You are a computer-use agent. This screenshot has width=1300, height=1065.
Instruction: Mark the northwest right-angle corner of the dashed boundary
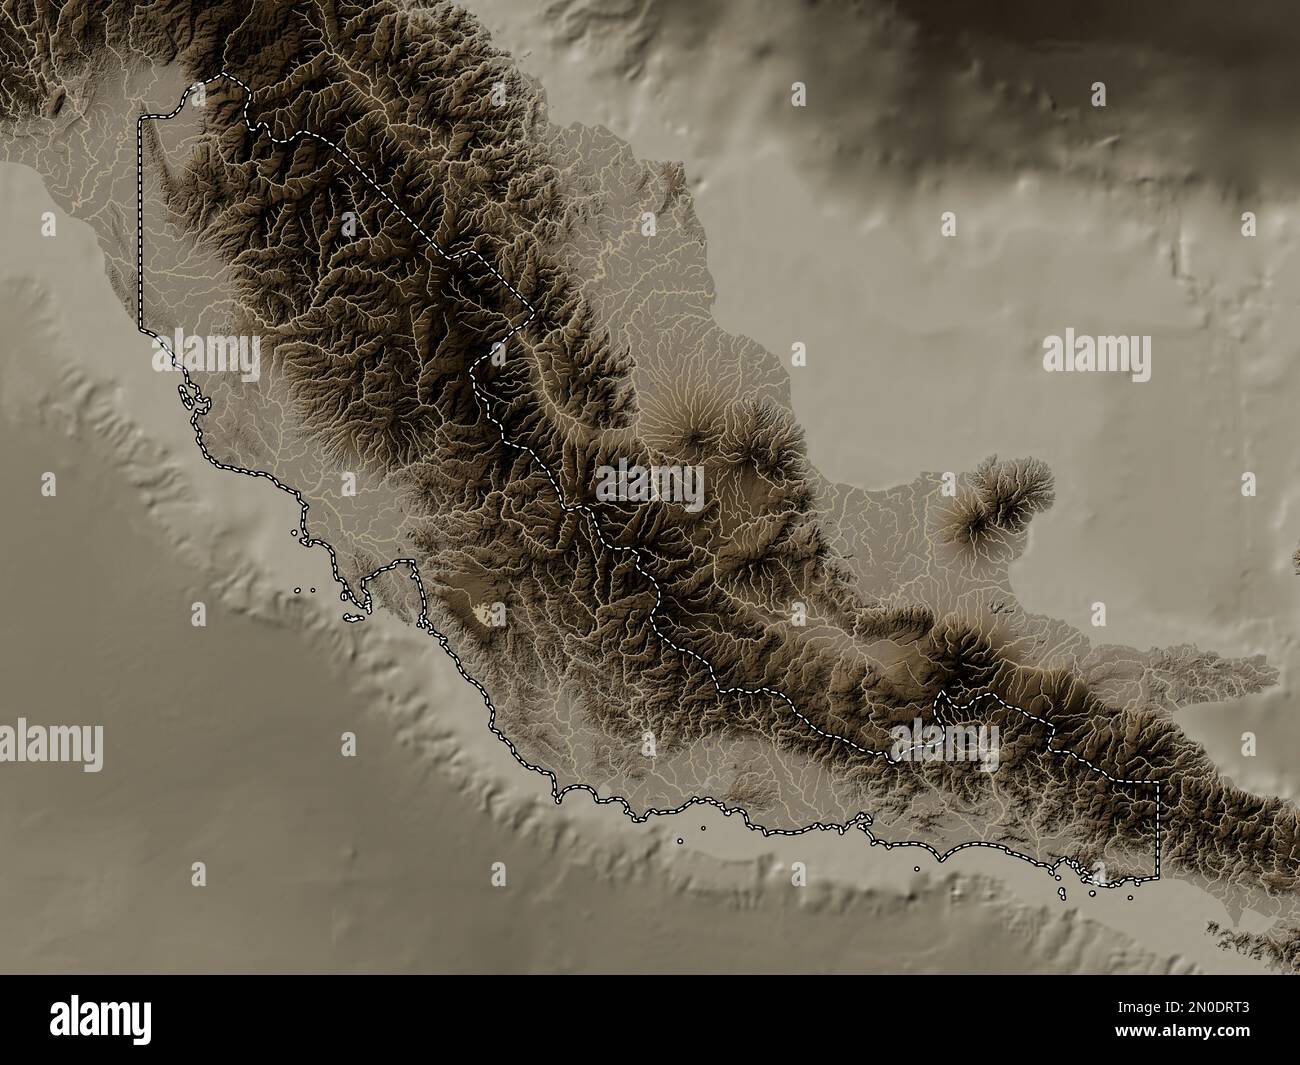(141, 119)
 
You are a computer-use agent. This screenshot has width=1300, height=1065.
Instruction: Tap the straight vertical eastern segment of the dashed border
(1157, 830)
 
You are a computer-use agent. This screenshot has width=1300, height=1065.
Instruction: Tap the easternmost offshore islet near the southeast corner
(1130, 896)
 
